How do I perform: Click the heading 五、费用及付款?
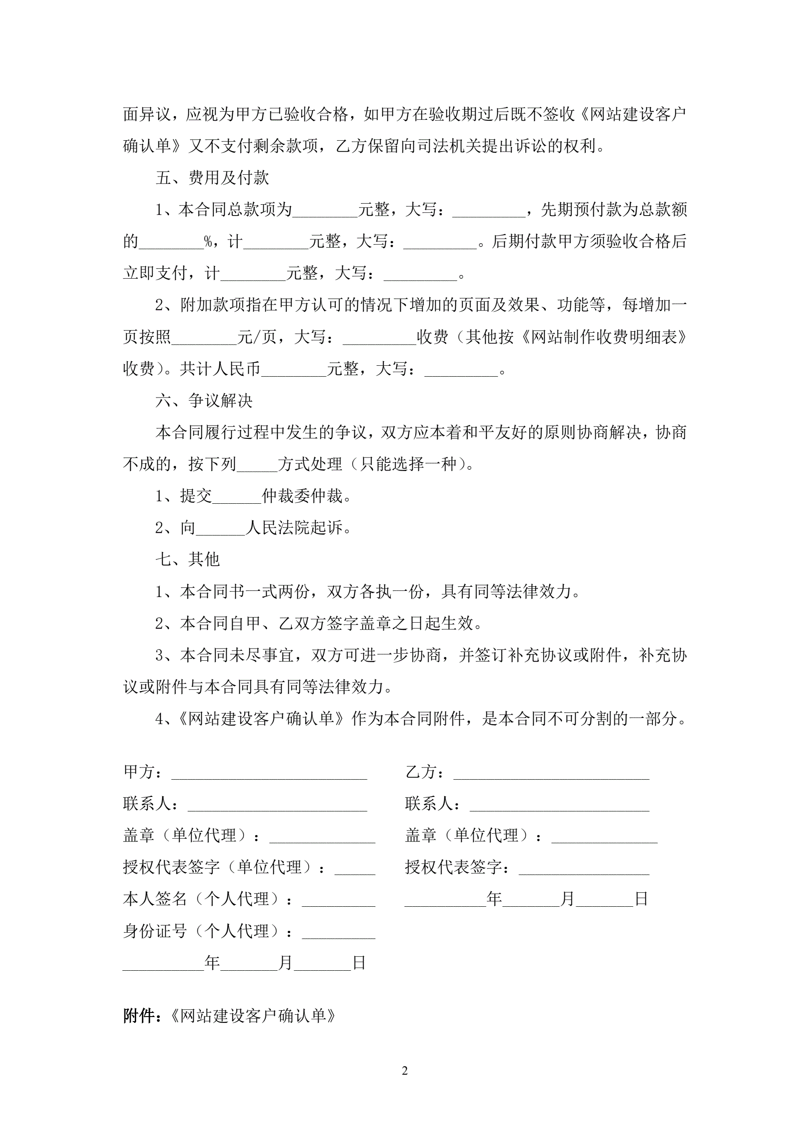pos(212,178)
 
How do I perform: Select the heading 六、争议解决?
pos(204,400)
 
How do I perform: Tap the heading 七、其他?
pos(187,560)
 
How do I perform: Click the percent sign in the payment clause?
pos(208,242)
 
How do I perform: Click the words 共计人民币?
pos(220,369)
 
